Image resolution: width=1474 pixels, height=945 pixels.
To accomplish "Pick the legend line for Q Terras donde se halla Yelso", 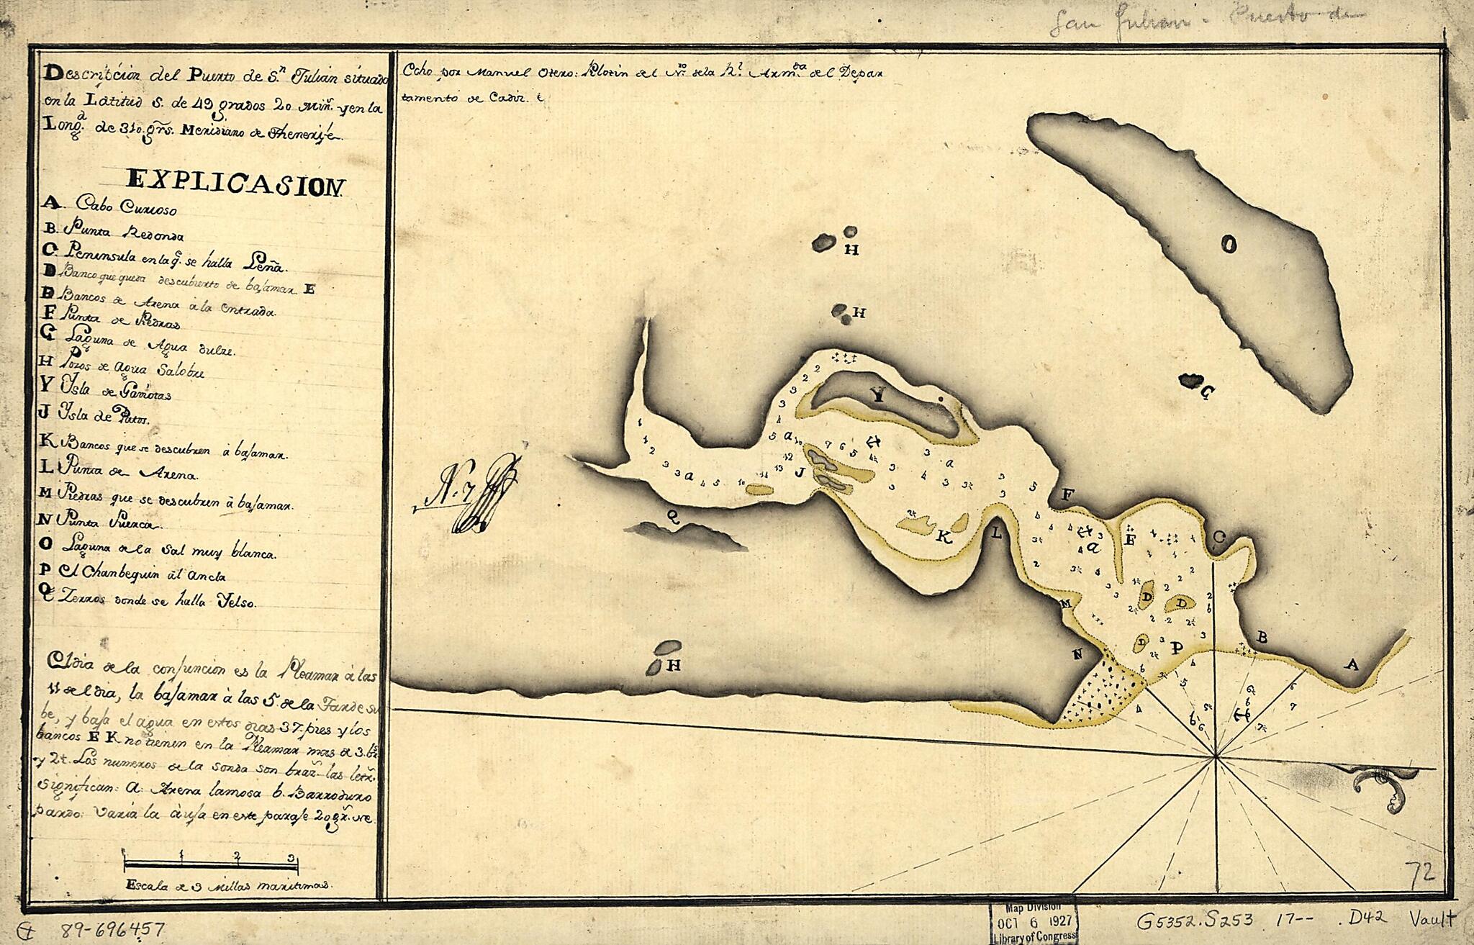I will pyautogui.click(x=148, y=602).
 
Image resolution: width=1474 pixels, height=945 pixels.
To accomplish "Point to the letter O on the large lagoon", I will pyautogui.click(x=1230, y=245).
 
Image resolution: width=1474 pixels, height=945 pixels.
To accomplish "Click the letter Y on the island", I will pyautogui.click(x=877, y=394).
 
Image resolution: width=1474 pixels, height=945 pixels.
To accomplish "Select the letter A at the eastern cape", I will pyautogui.click(x=1351, y=666).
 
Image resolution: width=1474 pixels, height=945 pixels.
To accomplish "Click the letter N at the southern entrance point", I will pyautogui.click(x=1077, y=654).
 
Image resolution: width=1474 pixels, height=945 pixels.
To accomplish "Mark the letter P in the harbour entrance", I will pyautogui.click(x=1176, y=647).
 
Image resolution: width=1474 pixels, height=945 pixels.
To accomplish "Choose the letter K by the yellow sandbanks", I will pyautogui.click(x=944, y=538).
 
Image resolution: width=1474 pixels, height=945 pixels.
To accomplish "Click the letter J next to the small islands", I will pyautogui.click(x=798, y=473).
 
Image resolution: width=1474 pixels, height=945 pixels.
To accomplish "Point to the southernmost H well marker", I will pyautogui.click(x=673, y=665).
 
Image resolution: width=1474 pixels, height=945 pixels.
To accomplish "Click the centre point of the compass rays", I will pyautogui.click(x=1216, y=756).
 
